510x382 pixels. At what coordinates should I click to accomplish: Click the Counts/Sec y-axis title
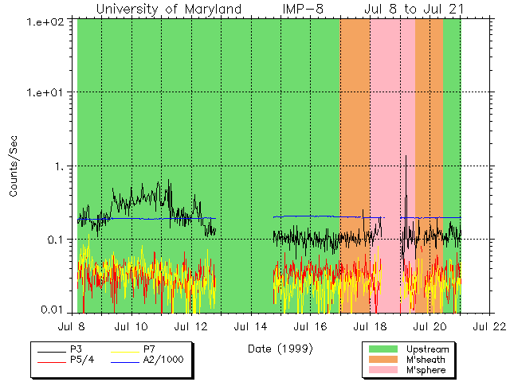coord(14,166)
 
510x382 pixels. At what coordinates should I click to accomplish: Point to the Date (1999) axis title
coord(280,349)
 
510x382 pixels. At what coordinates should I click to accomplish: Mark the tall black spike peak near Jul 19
coord(406,156)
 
